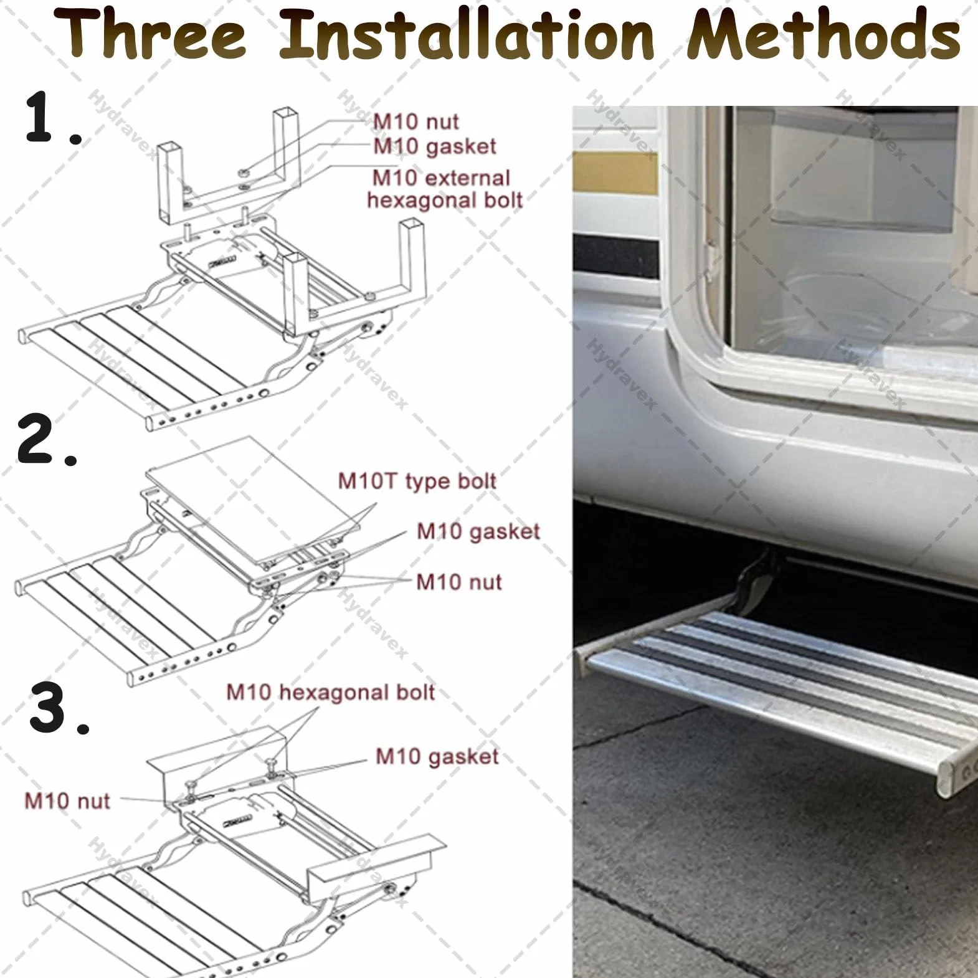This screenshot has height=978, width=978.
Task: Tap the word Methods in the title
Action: pos(824,34)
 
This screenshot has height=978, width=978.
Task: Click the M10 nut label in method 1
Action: pos(415,121)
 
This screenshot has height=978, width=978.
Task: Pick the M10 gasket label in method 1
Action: pos(434,146)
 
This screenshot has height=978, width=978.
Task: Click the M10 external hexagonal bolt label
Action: pos(444,189)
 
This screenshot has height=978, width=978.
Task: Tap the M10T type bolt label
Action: pos(417,481)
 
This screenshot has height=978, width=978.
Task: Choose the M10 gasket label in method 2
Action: pos(478,531)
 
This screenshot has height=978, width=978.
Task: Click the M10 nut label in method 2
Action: pos(458,582)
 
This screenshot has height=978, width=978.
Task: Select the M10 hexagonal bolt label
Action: pos(330,692)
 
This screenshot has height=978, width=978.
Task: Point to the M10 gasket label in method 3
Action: pos(437,756)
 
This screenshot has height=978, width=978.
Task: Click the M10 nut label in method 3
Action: pos(67,800)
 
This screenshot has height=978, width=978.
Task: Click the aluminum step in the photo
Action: pos(779,685)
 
